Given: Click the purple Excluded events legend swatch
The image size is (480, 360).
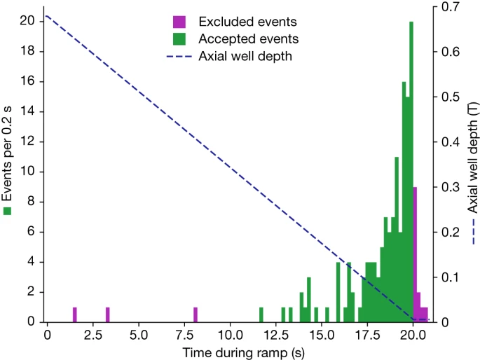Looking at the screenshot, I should point(179,22).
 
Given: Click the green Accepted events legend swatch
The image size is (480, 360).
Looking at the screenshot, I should point(179,39).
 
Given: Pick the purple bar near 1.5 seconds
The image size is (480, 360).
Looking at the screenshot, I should point(74,314).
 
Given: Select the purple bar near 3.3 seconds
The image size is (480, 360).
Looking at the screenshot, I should point(107,314).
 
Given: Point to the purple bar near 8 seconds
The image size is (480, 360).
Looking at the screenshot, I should point(196,314).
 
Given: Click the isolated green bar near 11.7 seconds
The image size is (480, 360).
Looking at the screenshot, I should point(261,314).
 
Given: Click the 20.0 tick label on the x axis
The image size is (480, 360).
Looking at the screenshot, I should point(413,335).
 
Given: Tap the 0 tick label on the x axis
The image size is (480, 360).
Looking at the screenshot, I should point(47,335).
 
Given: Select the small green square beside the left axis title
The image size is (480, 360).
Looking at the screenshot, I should point(8,210).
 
